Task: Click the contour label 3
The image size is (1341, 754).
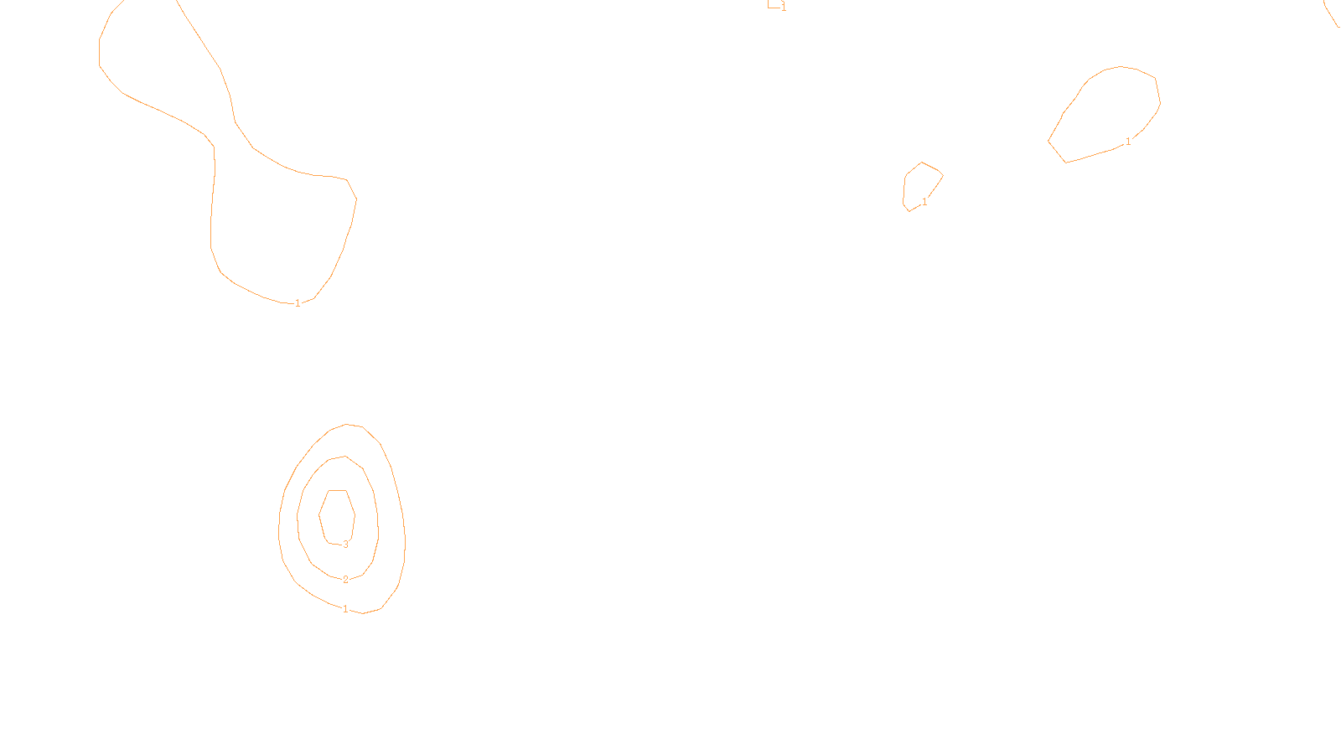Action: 345,545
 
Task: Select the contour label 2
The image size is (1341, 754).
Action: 345,580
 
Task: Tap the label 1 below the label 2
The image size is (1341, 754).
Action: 345,609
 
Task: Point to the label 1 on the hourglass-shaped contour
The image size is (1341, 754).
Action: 298,303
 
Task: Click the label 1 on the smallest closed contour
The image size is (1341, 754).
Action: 924,202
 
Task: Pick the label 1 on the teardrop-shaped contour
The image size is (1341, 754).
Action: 1128,142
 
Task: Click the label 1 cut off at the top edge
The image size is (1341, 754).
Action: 784,8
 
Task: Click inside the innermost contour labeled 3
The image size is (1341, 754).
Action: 337,515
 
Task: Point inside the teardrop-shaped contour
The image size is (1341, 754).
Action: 1111,109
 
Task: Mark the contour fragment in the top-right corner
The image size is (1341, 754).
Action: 1331,15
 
